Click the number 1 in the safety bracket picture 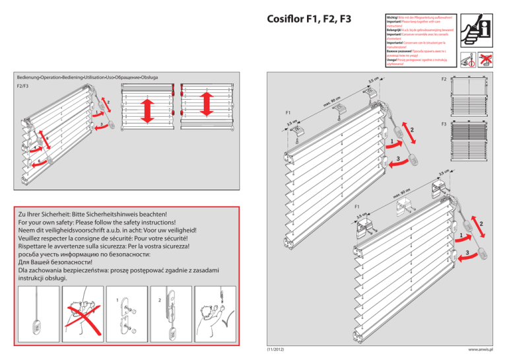coord(118,301)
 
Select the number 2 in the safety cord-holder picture coord(159,301)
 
